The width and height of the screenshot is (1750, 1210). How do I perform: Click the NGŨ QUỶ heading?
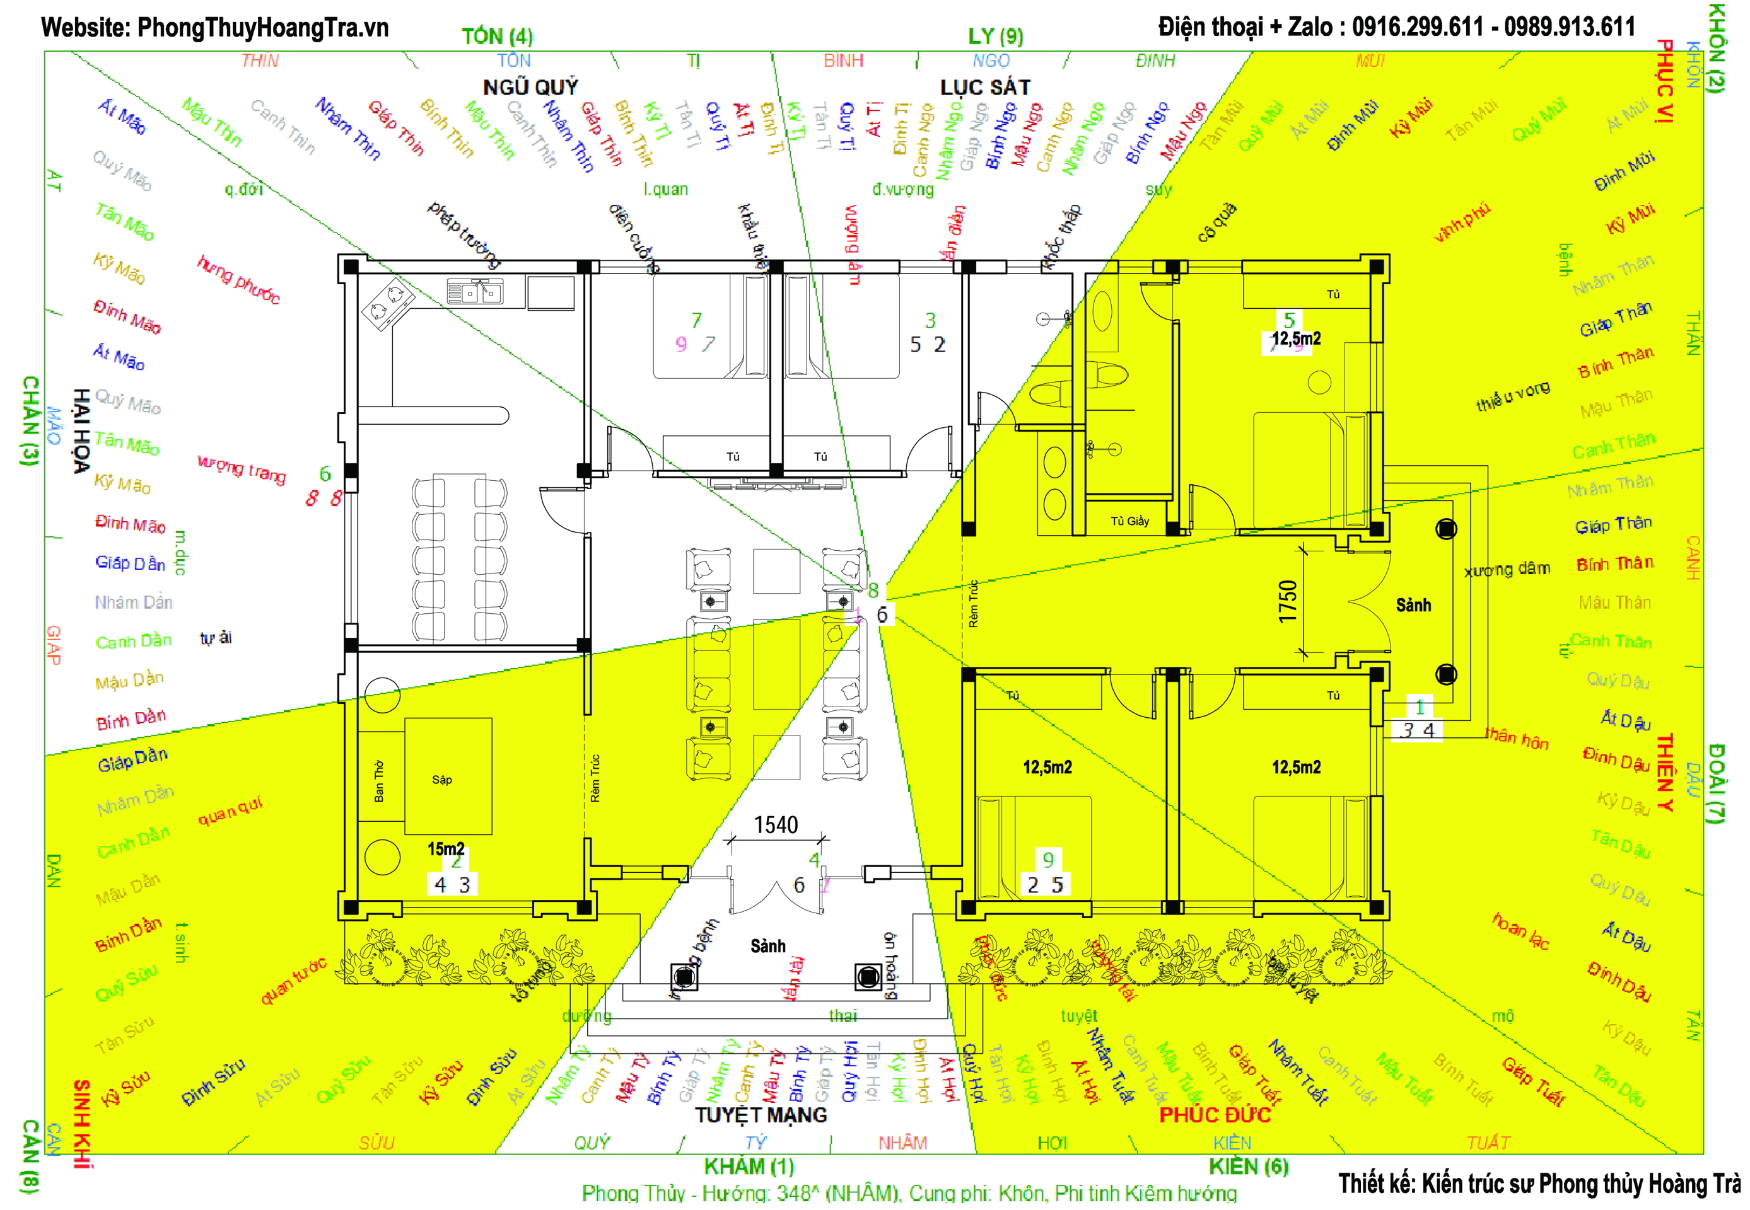(530, 87)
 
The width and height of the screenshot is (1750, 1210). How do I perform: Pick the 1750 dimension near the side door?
(1287, 601)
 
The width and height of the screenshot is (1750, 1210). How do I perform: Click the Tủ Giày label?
(1129, 521)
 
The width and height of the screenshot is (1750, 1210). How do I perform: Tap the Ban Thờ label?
(378, 781)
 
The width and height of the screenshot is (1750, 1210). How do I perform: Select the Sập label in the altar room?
(442, 780)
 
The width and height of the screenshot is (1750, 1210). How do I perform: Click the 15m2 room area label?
(446, 848)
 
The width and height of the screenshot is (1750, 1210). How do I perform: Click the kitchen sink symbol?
(475, 291)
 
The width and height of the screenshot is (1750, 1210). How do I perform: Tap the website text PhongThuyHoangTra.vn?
(262, 28)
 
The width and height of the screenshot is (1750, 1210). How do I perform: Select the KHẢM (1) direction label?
(749, 1167)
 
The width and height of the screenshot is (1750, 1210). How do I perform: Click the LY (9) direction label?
(995, 36)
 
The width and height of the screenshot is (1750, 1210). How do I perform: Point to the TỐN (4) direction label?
(497, 36)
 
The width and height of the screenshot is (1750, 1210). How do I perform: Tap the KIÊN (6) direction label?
(1248, 1167)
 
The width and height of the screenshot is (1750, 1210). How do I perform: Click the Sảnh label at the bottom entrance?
(767, 946)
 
